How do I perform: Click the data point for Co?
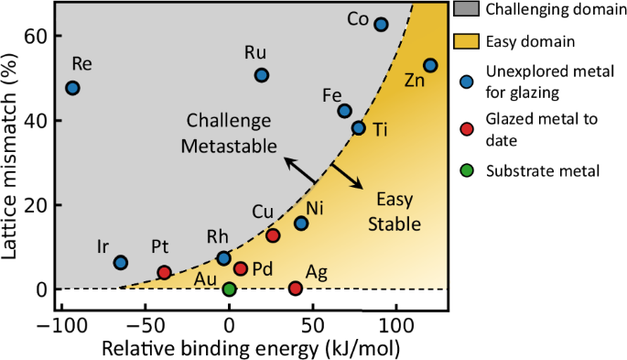pyautogui.click(x=382, y=24)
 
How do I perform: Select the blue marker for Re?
pyautogui.click(x=73, y=88)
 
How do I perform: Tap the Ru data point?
pyautogui.click(x=262, y=75)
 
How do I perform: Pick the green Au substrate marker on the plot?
pyautogui.click(x=229, y=289)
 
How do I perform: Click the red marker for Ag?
pyautogui.click(x=296, y=289)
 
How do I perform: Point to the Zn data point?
pyautogui.click(x=431, y=65)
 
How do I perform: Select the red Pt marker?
pyautogui.click(x=165, y=272)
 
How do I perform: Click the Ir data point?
pyautogui.click(x=120, y=263)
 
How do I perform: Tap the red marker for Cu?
pyautogui.click(x=273, y=235)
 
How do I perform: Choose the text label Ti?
pyautogui.click(x=381, y=129)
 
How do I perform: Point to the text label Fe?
pyautogui.click(x=333, y=94)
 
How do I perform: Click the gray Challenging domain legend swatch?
pyautogui.click(x=466, y=11)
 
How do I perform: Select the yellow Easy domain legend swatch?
pyautogui.click(x=466, y=41)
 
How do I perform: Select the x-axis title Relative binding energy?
pyautogui.click(x=229, y=348)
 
